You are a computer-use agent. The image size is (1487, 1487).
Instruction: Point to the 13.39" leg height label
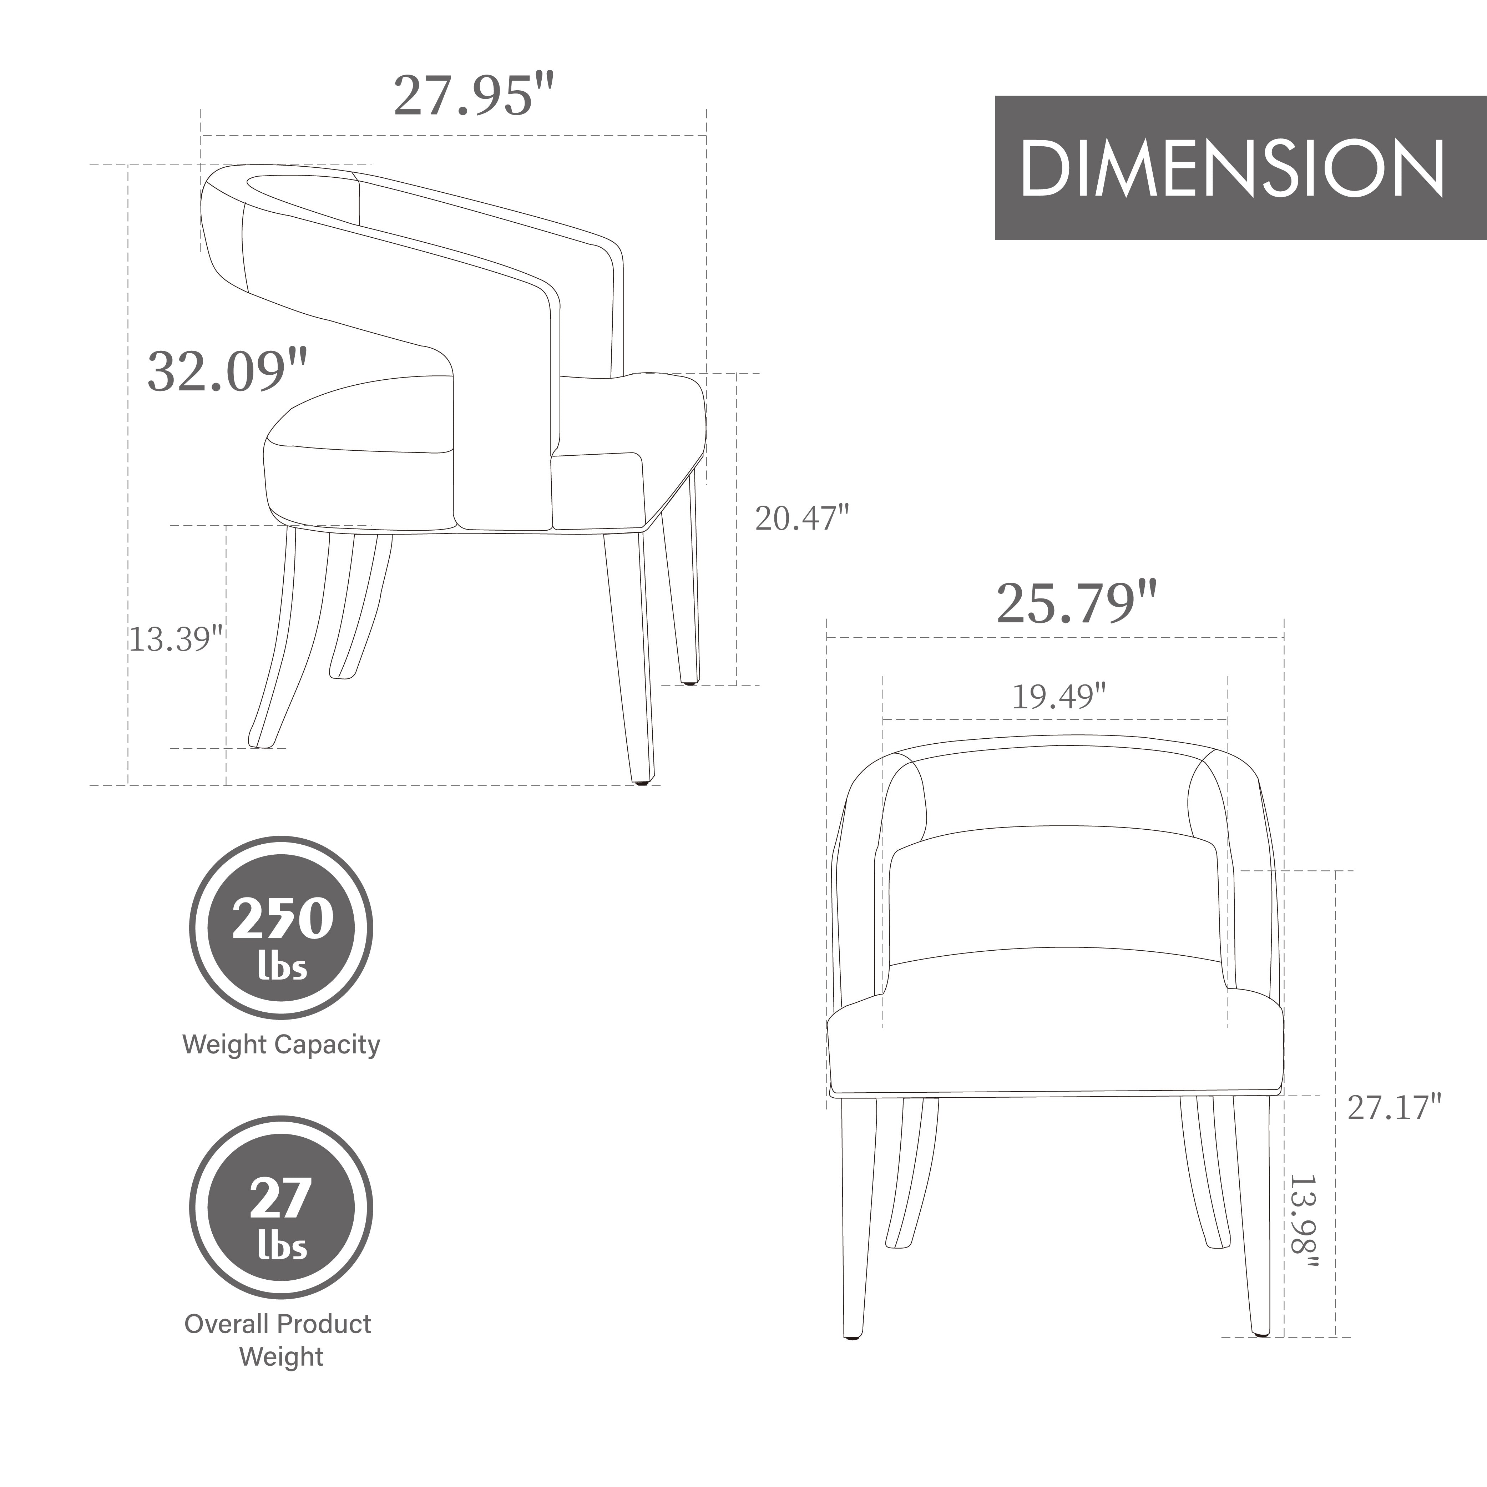click(x=176, y=639)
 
